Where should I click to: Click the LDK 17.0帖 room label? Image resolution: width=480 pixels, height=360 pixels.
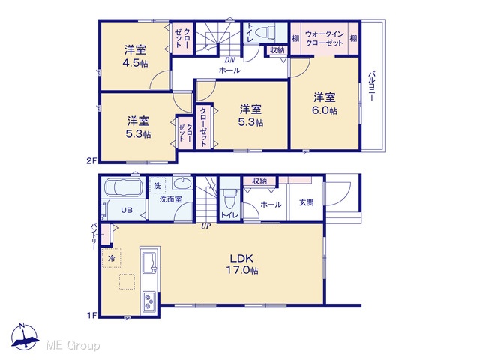click(x=242, y=265)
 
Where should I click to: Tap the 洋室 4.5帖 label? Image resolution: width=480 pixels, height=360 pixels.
click(x=135, y=56)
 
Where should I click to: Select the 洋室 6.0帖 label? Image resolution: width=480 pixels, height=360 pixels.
click(x=325, y=103)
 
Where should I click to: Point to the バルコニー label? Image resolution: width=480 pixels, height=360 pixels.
click(x=372, y=86)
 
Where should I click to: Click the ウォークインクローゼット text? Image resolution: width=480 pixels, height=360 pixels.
click(x=325, y=38)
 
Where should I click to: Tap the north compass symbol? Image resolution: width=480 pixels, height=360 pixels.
click(x=24, y=337)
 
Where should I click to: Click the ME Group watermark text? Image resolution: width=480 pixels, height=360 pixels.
click(x=73, y=345)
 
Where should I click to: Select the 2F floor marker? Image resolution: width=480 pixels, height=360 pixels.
click(x=91, y=160)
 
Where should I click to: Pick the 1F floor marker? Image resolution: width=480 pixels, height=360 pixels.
click(x=91, y=315)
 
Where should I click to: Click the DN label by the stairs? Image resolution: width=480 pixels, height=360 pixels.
click(x=229, y=60)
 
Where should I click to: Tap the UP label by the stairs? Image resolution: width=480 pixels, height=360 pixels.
click(x=206, y=226)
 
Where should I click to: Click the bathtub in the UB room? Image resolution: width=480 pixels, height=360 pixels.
click(x=124, y=187)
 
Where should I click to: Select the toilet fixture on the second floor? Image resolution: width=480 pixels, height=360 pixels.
click(x=266, y=31)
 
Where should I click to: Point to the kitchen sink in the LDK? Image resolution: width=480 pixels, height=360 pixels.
click(x=150, y=263)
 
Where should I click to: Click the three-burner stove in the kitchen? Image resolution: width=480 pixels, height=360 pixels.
click(x=149, y=301)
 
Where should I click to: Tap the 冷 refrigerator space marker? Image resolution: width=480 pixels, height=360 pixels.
click(x=112, y=258)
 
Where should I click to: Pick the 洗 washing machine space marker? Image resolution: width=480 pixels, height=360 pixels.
click(x=157, y=185)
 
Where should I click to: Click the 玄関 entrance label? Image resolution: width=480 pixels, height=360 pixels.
click(x=306, y=202)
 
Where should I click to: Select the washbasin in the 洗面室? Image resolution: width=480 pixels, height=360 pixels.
click(x=182, y=184)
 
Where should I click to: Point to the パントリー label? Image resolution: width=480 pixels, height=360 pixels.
click(x=94, y=237)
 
